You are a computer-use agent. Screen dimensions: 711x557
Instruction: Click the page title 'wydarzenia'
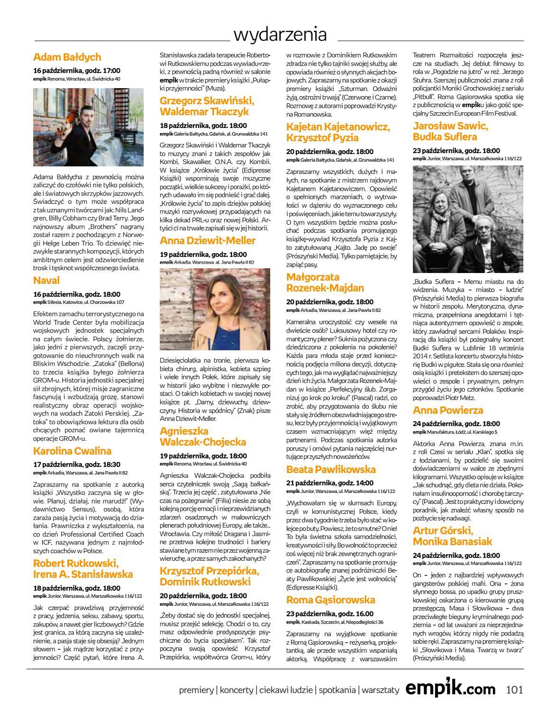280,35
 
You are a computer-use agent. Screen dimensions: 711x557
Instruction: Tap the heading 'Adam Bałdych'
67,57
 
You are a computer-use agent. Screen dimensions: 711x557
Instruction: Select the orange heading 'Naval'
46,281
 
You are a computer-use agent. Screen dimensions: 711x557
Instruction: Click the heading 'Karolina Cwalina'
73,451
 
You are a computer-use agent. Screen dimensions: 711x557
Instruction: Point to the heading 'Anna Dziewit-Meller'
208,240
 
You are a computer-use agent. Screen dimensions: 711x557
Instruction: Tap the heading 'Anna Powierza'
448,410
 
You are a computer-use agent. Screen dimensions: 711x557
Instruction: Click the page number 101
514,689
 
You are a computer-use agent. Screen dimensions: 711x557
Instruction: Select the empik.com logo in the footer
450,689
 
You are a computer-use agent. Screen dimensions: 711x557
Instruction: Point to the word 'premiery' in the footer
196,690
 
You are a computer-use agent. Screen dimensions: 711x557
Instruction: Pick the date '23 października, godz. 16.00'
330,613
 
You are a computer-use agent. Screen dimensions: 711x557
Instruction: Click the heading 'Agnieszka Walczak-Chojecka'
203,437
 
